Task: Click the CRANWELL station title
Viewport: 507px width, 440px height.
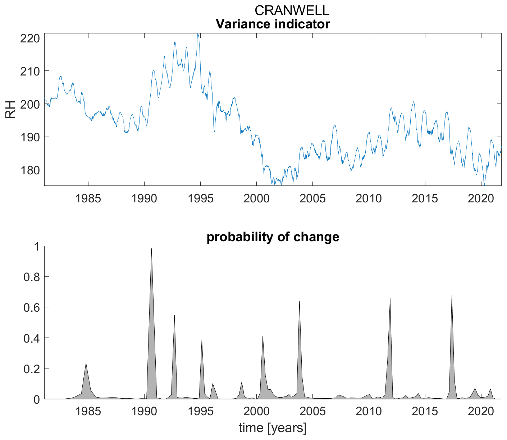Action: click(292, 10)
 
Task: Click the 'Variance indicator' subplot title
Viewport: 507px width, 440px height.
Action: click(273, 24)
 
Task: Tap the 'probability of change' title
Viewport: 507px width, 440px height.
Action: click(273, 237)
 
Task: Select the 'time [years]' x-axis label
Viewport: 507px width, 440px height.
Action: click(273, 428)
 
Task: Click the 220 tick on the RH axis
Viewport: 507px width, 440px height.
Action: click(30, 38)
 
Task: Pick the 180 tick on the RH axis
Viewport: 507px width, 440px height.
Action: click(30, 170)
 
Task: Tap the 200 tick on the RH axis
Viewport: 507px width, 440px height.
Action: click(30, 104)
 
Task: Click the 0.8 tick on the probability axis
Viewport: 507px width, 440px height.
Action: click(32, 277)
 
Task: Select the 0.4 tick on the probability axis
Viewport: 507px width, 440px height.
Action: click(32, 338)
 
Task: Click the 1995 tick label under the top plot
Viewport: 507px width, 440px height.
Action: click(200, 198)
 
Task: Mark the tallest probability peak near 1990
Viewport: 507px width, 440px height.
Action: click(151, 249)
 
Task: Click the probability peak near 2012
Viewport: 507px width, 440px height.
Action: click(390, 298)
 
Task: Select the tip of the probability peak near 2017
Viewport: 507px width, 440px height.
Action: click(452, 295)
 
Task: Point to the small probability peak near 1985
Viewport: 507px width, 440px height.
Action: click(86, 363)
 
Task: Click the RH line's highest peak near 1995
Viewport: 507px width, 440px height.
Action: click(198, 34)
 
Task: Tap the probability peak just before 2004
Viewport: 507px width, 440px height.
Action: click(299, 301)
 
